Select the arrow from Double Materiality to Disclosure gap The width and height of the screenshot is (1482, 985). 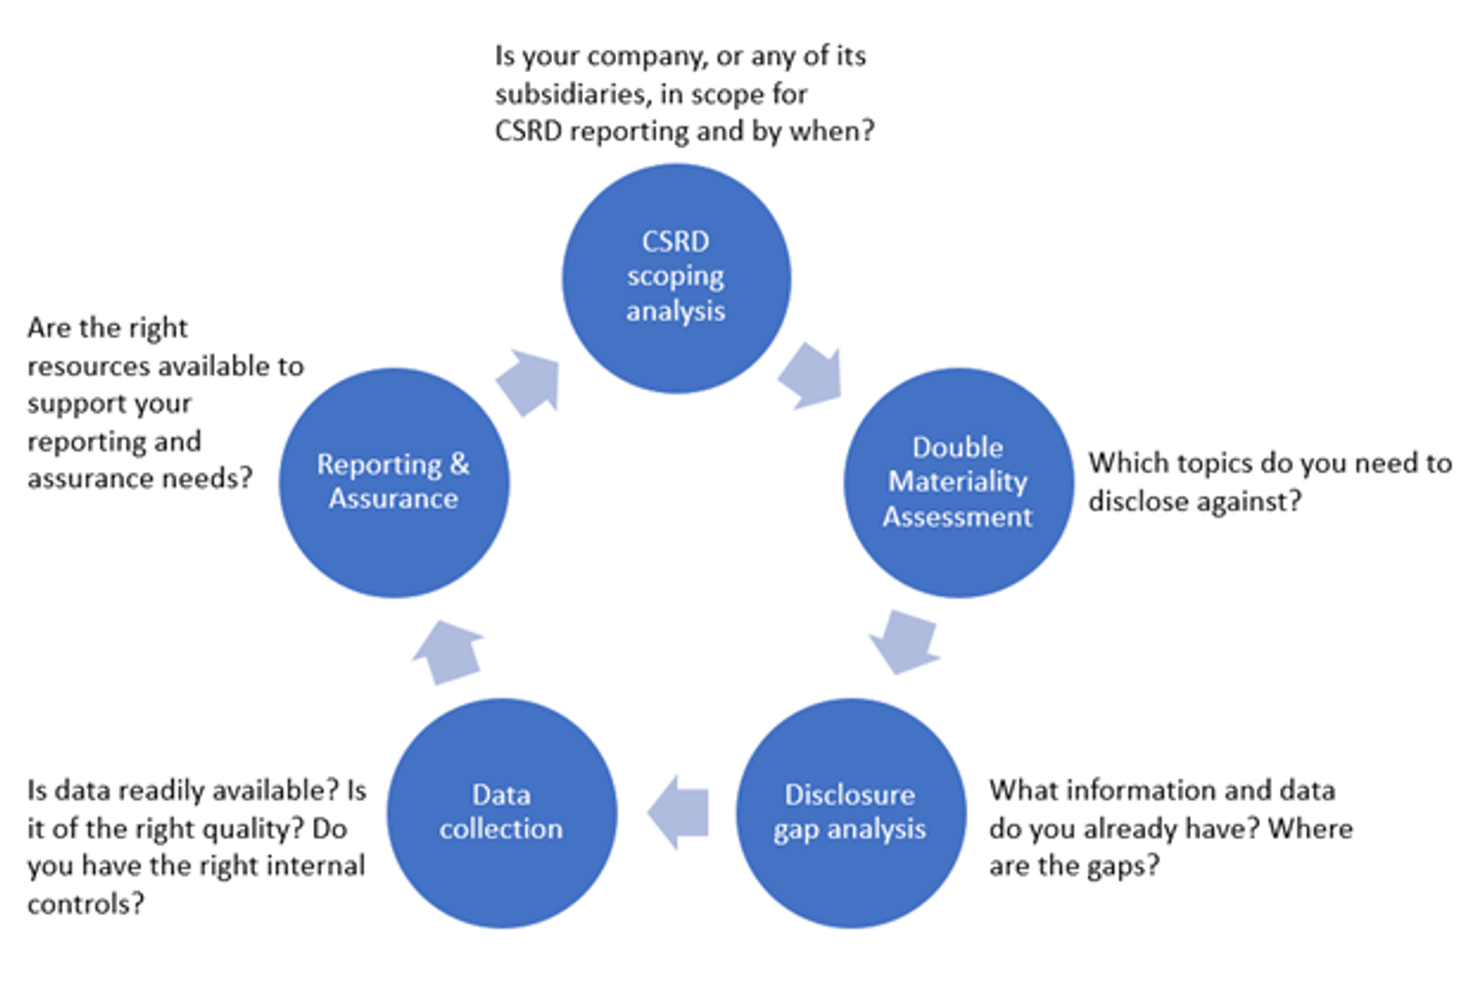coord(905,641)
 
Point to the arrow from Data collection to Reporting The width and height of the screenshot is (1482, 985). coord(449,651)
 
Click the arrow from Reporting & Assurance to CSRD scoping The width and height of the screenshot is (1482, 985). coord(530,381)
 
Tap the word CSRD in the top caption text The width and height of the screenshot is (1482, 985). coord(528,131)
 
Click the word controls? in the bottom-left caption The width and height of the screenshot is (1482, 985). coord(85,904)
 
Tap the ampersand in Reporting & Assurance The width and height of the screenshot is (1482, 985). coord(459,464)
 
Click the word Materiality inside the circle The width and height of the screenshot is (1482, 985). coord(958,481)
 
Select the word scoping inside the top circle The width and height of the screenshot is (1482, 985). coord(675,277)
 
